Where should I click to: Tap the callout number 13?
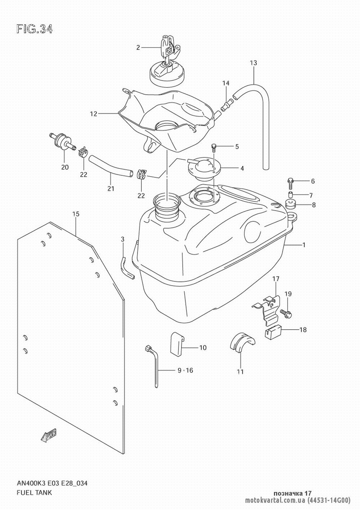coord(253,63)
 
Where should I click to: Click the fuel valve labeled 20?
coord(61,141)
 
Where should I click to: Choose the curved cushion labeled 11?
coord(242,342)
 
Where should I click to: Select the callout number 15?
coord(76,214)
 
